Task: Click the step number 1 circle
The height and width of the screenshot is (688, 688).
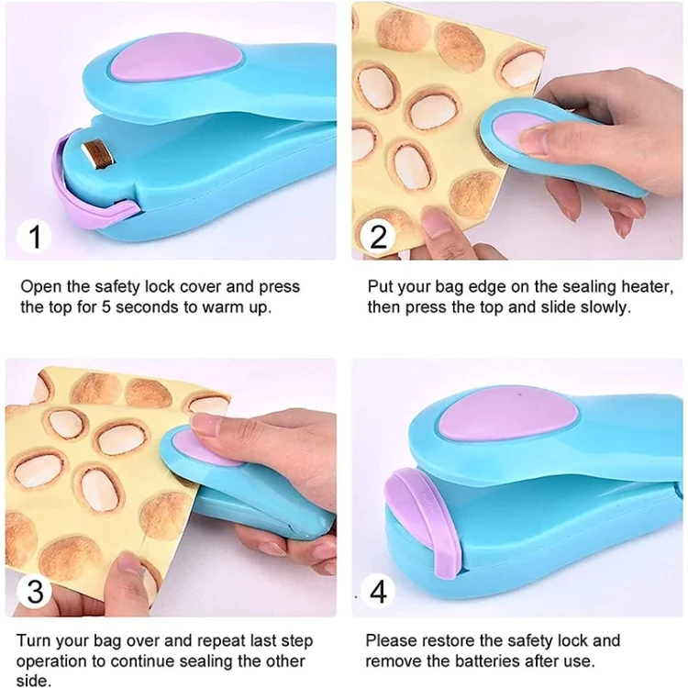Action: click(34, 237)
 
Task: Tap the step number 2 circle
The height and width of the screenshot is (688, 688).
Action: click(378, 237)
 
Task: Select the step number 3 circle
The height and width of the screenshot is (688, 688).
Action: click(35, 591)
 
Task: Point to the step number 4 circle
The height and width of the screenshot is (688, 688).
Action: click(378, 591)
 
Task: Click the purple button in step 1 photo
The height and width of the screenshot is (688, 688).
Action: click(175, 57)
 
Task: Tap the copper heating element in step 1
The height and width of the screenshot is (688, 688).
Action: click(100, 154)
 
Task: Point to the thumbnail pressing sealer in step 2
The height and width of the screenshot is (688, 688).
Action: click(533, 139)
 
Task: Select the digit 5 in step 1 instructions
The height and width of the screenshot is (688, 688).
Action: click(106, 306)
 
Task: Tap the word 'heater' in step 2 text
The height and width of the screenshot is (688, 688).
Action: click(648, 287)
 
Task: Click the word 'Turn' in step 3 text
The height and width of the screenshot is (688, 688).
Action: click(35, 641)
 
